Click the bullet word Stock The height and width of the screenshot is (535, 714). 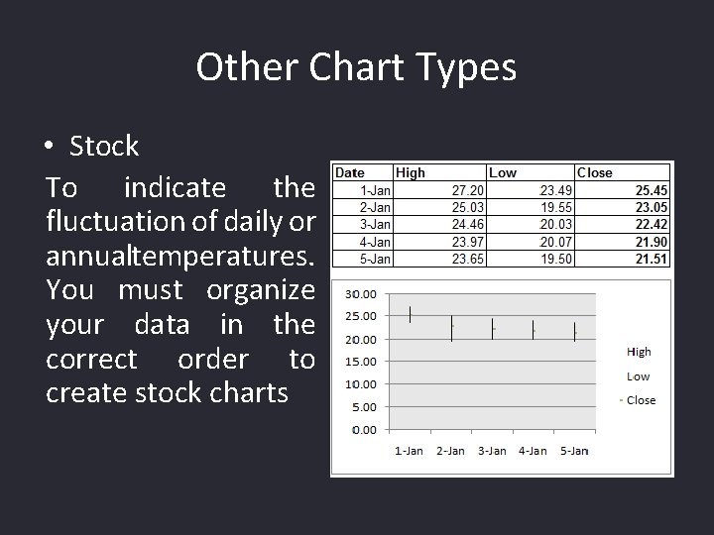(x=104, y=147)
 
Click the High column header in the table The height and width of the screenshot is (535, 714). (x=411, y=172)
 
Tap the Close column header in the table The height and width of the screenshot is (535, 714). (x=595, y=172)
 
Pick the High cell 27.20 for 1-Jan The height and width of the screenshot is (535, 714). (x=467, y=189)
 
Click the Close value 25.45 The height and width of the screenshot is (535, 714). (x=652, y=189)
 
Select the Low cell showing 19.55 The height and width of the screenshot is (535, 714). (x=555, y=207)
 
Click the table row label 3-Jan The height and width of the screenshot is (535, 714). (x=375, y=225)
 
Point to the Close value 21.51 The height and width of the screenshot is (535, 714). (x=652, y=260)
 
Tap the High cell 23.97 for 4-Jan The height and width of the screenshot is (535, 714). (x=467, y=242)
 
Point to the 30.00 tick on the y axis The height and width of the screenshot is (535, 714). (x=360, y=293)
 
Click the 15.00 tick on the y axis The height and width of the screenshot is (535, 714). (x=360, y=362)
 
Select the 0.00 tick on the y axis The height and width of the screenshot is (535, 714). (x=364, y=430)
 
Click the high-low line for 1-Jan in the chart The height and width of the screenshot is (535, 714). (x=410, y=314)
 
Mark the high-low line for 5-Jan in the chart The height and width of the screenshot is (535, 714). (x=574, y=332)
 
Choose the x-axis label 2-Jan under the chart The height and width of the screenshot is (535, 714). (x=450, y=451)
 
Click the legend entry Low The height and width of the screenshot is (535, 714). (x=638, y=376)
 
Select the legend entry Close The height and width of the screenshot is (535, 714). (x=640, y=400)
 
